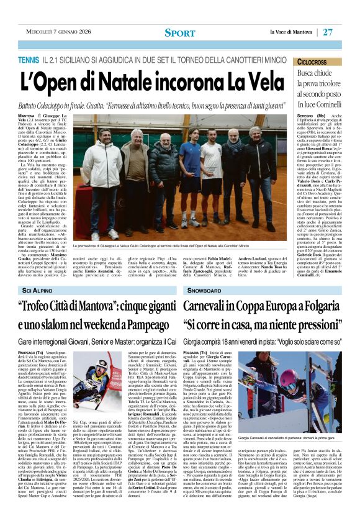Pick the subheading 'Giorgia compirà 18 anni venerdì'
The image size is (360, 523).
(x=263, y=342)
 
